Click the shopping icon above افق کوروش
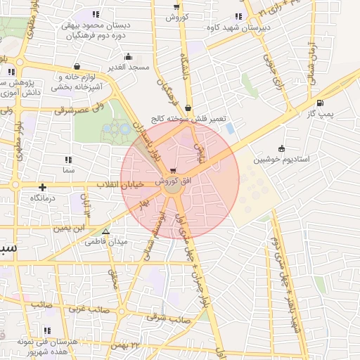tap(173, 171)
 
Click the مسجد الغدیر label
tap(129, 67)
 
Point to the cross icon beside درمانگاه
tap(43, 187)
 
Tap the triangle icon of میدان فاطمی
tap(105, 231)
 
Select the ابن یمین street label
tap(75, 229)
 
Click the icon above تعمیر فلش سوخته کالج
tap(188, 108)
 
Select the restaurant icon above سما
tap(68, 159)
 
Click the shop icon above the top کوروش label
tap(176, 6)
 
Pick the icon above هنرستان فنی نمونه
tap(47, 330)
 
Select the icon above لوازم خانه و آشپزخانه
tap(76, 67)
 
